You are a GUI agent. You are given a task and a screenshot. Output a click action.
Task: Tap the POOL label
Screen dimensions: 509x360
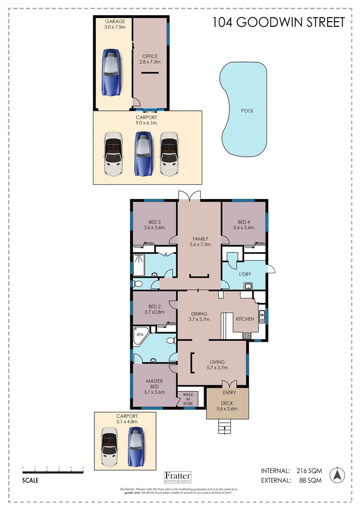point(247,111)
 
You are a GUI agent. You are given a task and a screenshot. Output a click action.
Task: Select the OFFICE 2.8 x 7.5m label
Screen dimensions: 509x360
point(150,59)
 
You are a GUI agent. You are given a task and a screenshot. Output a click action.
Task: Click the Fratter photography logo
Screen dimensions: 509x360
point(178,477)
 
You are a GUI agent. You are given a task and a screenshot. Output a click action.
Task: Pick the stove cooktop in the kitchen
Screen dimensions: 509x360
point(246,336)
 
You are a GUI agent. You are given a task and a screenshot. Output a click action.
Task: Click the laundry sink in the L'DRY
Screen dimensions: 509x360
point(247,286)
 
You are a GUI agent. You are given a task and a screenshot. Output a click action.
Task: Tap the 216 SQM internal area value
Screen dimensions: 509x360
point(309,470)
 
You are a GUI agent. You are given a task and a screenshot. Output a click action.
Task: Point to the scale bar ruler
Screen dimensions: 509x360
point(53,471)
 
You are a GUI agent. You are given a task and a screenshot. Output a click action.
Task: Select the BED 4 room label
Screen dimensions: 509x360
point(244,225)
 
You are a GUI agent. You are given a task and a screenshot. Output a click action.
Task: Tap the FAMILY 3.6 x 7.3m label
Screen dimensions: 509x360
point(200,241)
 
